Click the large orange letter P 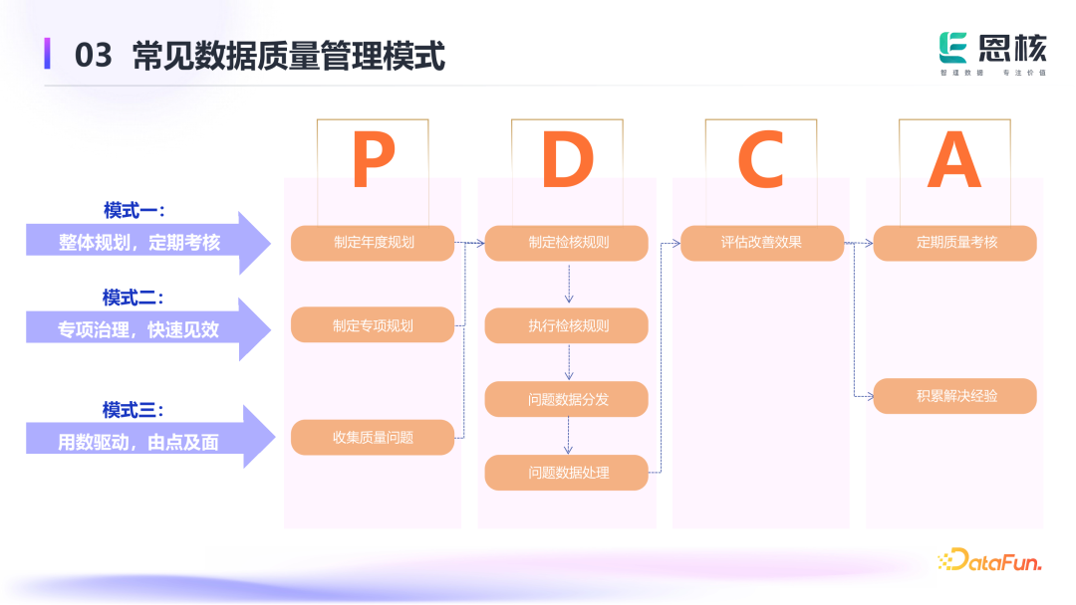tap(374, 161)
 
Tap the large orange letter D tap(568, 161)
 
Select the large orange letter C tap(761, 161)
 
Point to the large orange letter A tap(954, 161)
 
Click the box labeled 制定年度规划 tap(373, 243)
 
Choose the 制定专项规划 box tap(373, 325)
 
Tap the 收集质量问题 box tap(373, 438)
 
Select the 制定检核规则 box tap(567, 243)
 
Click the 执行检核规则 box tap(567, 325)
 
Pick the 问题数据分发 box tap(567, 399)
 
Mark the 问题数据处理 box tap(567, 473)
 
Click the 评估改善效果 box tap(762, 243)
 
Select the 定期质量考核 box tap(955, 243)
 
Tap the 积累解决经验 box tap(955, 396)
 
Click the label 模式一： tap(134, 211)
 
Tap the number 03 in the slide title tap(94, 56)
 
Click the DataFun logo tap(989, 561)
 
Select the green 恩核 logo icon tap(954, 48)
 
